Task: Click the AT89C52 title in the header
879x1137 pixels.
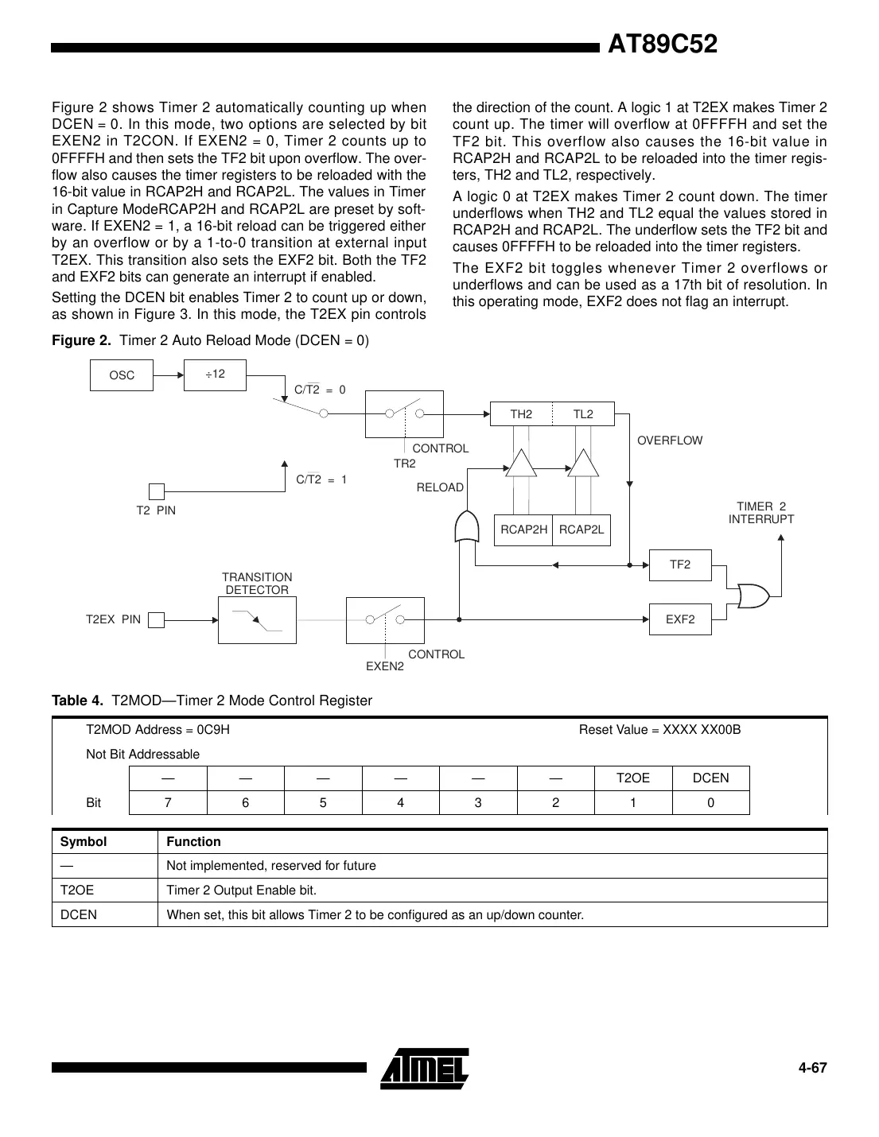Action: coord(662,45)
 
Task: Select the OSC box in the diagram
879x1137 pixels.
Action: coord(122,375)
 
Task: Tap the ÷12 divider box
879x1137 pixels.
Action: coord(215,374)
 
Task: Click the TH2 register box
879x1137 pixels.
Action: coord(521,414)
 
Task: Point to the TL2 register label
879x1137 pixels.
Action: coord(583,414)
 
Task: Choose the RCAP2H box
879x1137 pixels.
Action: coord(523,530)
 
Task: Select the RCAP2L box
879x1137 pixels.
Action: coord(581,530)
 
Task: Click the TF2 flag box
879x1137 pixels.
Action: coord(680,565)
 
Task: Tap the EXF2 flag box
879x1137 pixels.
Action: coord(680,619)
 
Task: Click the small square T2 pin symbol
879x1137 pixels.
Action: coord(157,491)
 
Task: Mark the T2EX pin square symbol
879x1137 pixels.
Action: coord(157,620)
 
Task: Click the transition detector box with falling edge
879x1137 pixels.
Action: coord(257,620)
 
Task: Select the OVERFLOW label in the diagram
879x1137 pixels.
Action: coord(670,440)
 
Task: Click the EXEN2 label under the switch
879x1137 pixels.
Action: coord(384,666)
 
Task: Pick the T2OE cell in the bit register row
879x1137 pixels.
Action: coord(633,778)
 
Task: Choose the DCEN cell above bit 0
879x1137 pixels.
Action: coord(710,778)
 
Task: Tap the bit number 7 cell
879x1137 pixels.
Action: coord(167,803)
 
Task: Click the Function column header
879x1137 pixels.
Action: coord(193,842)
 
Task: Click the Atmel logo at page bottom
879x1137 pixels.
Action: coord(425,1068)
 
